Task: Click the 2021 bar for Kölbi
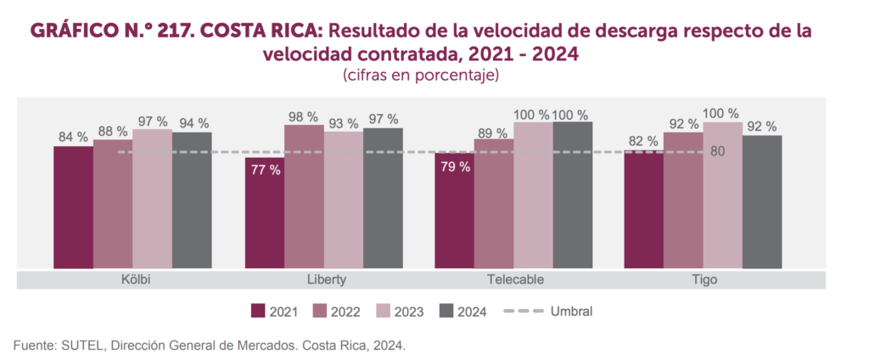pos(73,208)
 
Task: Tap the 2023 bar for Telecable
pos(533,195)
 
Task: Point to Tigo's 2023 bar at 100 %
pos(722,195)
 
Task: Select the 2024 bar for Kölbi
pos(192,200)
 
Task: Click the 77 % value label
pos(265,170)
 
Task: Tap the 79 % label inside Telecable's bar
pos(455,167)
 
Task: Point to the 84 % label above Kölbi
pos(73,137)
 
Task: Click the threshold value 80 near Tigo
pos(718,153)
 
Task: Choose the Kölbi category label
pos(132,279)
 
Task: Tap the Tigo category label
pos(704,279)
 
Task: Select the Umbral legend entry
pos(547,311)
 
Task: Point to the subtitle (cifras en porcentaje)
pos(420,76)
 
